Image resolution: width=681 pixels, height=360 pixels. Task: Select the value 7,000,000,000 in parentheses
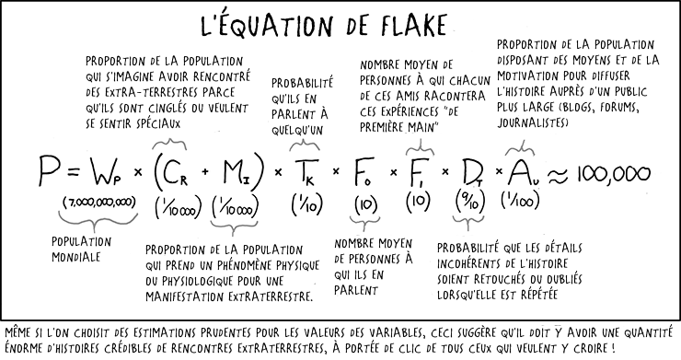[99, 202]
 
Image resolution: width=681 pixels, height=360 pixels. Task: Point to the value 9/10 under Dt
[468, 200]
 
